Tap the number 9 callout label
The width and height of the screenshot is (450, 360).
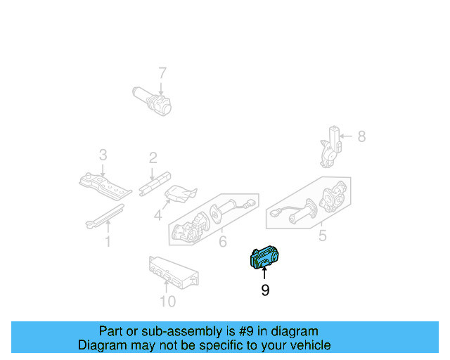[x=265, y=290]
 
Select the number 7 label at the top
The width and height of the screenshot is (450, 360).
[x=162, y=73]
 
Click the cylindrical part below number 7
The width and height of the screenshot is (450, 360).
[x=154, y=101]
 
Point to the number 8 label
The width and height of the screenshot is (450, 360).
[x=361, y=136]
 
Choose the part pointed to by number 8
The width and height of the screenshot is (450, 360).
[x=330, y=147]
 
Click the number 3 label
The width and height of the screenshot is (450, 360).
[x=103, y=155]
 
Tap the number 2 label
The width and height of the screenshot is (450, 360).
[x=152, y=158]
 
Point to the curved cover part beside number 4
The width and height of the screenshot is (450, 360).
[x=179, y=195]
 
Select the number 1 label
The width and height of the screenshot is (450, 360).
[x=108, y=243]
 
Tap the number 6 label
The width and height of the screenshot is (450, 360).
[x=222, y=243]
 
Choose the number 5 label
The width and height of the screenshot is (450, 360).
[x=323, y=236]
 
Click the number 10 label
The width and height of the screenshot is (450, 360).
[x=167, y=302]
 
